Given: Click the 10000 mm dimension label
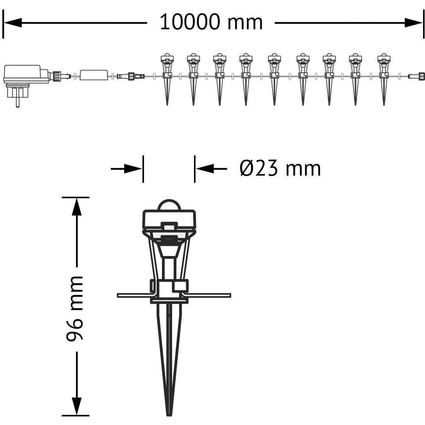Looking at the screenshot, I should coord(211,22).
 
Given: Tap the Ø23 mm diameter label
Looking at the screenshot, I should coord(280,169).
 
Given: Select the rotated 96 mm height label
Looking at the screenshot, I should coord(75,308).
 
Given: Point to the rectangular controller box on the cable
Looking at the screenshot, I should coord(94,75).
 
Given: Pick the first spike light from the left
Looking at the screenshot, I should coord(167,78).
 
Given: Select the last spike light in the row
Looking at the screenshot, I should coord(384,78).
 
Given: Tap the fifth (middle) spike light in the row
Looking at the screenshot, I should coord(274,78).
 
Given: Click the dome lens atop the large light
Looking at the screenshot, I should coord(169,205).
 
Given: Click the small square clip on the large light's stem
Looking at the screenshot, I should coord(180,286).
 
